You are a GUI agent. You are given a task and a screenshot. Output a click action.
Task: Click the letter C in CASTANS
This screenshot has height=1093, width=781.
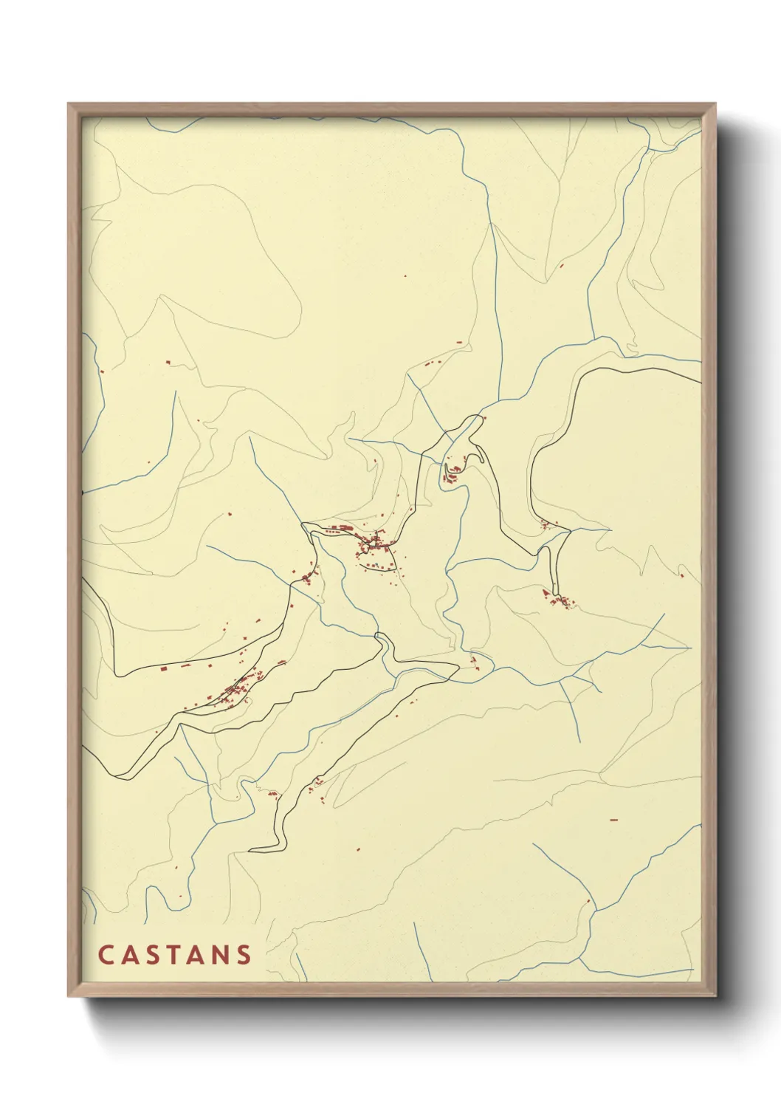(105, 955)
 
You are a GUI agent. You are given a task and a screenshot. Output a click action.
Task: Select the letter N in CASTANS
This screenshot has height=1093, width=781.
(221, 955)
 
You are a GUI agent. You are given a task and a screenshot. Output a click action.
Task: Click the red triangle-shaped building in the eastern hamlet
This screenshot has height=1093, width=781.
(546, 592)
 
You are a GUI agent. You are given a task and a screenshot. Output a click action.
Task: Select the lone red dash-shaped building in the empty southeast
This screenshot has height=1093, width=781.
(613, 820)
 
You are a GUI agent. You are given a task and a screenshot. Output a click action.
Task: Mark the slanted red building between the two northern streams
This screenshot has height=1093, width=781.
(562, 264)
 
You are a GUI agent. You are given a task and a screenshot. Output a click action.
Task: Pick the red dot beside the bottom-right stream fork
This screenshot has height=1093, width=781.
(588, 901)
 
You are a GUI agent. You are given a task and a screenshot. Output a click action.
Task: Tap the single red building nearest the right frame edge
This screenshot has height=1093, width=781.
(681, 575)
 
